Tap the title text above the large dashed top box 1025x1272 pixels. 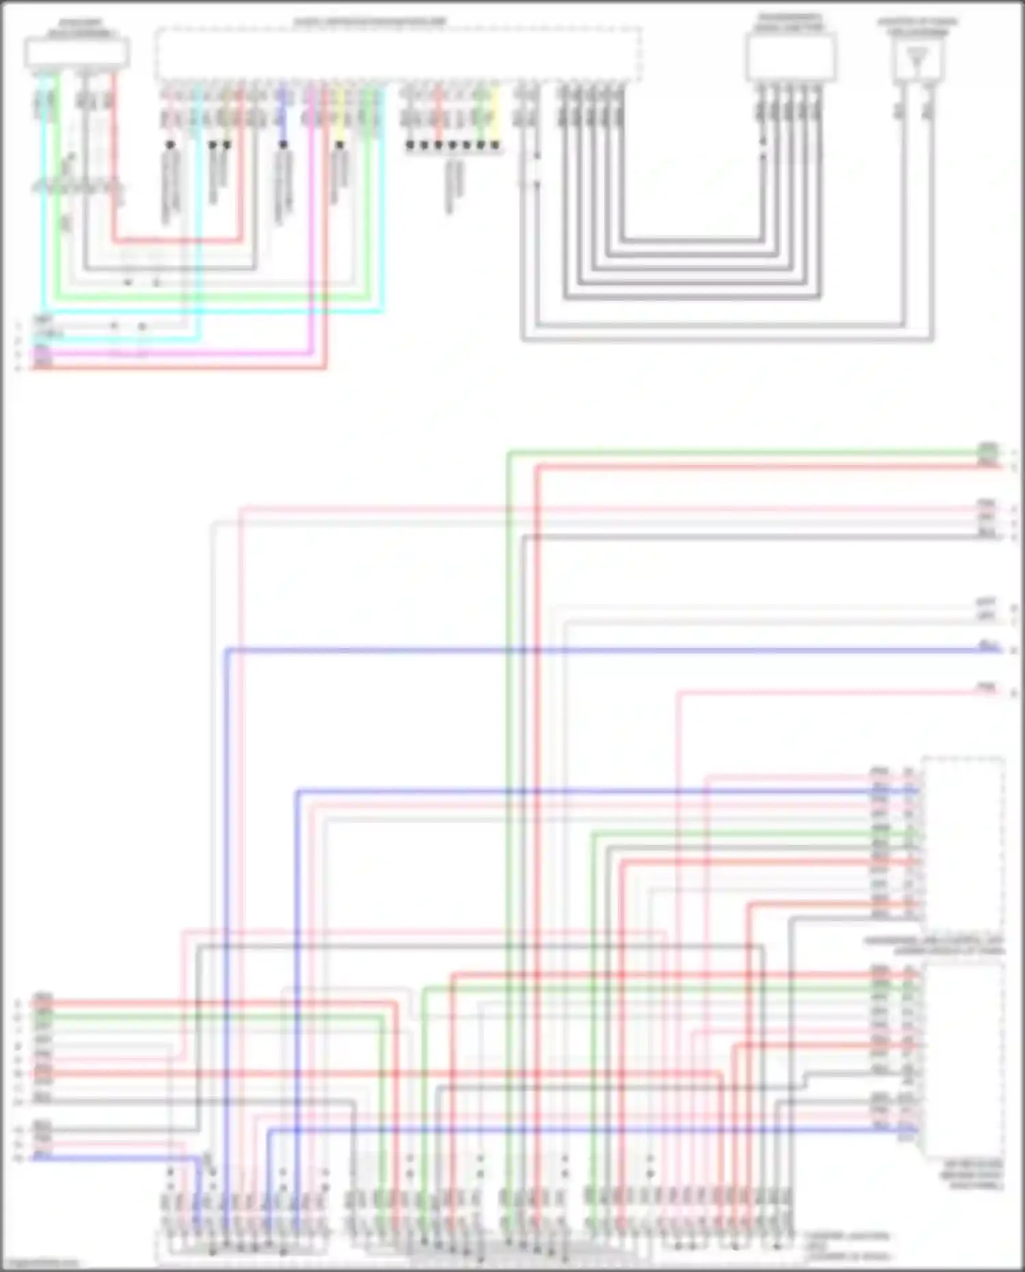click(x=370, y=22)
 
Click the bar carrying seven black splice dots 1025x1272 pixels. click(x=452, y=146)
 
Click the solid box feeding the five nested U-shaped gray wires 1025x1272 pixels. click(x=791, y=57)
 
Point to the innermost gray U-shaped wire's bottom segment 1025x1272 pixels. click(x=690, y=240)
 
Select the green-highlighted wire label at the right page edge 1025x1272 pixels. click(x=987, y=450)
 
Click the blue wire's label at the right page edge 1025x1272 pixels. click(x=987, y=645)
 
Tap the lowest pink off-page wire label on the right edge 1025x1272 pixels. click(x=987, y=688)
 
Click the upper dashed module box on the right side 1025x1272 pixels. click(x=963, y=841)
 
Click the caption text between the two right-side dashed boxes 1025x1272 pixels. click(x=933, y=946)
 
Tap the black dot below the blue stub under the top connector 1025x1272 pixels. click(x=283, y=145)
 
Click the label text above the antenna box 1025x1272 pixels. click(x=917, y=27)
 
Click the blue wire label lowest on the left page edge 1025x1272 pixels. click(x=43, y=1157)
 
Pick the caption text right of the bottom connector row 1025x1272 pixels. click(x=847, y=1246)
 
